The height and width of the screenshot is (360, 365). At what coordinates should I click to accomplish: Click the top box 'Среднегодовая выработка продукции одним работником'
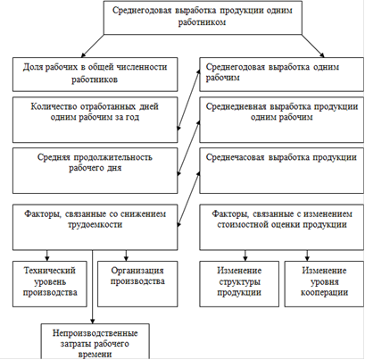[x=203, y=17]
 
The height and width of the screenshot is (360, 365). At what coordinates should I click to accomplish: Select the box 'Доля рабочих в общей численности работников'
[x=95, y=74]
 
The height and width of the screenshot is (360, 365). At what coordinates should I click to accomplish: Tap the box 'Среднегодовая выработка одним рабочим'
[x=281, y=74]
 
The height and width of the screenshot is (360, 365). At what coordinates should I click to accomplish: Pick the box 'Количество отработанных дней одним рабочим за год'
[x=95, y=120]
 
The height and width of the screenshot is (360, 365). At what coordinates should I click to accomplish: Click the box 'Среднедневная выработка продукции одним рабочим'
[x=281, y=120]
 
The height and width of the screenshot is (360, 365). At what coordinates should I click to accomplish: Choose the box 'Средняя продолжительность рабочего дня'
[x=95, y=171]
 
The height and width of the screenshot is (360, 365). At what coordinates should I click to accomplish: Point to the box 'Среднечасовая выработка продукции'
[x=281, y=171]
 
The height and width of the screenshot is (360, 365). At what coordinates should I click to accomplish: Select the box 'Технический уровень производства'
[x=50, y=284]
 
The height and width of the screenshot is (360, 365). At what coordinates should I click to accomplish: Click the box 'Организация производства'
[x=137, y=284]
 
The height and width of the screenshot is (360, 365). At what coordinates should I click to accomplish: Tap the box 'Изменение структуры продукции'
[x=239, y=284]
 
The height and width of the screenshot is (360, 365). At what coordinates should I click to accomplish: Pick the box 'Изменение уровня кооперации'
[x=324, y=284]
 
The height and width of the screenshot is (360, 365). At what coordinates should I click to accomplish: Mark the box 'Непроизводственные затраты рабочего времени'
[x=95, y=341]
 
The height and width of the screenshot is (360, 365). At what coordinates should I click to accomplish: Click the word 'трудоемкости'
[x=95, y=224]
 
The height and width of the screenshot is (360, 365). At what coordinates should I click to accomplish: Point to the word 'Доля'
[x=32, y=67]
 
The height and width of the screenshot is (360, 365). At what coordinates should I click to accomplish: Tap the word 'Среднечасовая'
[x=235, y=157]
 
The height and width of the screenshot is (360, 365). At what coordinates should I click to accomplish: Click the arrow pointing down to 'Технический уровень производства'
[x=46, y=255]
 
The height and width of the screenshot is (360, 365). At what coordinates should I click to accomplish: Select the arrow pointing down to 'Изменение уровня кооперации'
[x=307, y=255]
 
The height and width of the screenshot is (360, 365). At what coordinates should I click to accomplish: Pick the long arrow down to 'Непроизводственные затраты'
[x=93, y=287]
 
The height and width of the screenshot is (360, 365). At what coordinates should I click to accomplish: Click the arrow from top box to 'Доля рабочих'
[x=93, y=46]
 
